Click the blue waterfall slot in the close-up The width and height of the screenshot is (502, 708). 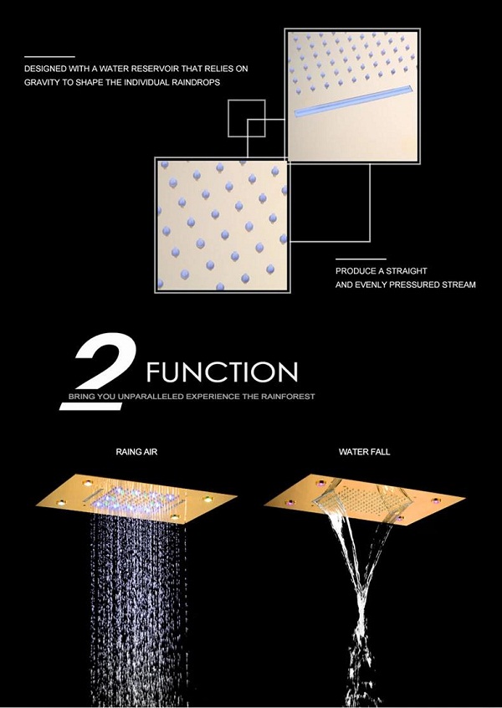click(x=354, y=100)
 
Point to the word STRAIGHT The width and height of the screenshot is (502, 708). click(x=407, y=271)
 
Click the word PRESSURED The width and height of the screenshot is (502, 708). click(x=397, y=285)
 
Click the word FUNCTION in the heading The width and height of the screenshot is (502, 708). click(x=222, y=372)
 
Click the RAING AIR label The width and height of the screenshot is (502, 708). click(x=136, y=452)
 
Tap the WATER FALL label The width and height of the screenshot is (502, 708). click(x=364, y=452)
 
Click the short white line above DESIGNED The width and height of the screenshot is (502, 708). click(x=49, y=57)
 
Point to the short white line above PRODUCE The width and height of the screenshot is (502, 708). click(x=361, y=259)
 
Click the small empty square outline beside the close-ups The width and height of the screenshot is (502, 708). click(x=247, y=118)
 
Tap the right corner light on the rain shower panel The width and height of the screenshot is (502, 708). click(x=208, y=499)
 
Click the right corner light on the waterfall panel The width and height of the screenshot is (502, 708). click(x=436, y=500)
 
